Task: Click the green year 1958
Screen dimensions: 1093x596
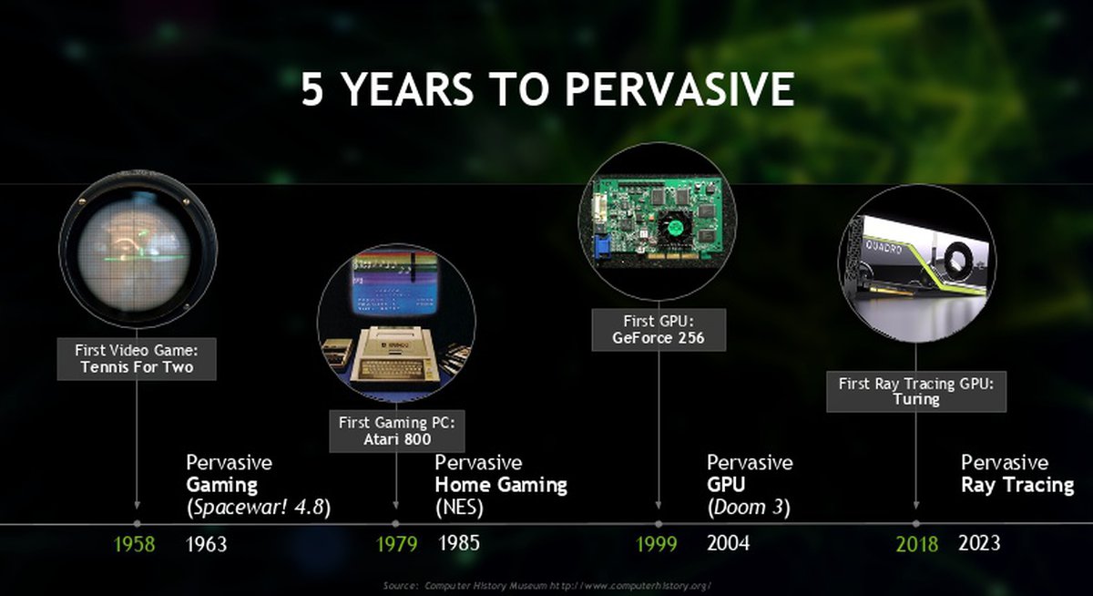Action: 134,544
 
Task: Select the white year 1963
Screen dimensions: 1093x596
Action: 207,544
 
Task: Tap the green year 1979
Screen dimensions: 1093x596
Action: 397,544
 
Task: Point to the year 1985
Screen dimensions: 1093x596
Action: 459,543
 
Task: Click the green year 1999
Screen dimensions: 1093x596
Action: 657,544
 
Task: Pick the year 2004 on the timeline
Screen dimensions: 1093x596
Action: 728,543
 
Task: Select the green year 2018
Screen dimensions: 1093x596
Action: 917,544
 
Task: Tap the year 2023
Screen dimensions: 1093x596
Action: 979,543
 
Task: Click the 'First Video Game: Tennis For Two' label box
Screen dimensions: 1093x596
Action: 137,359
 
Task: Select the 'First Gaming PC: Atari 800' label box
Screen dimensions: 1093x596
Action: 397,431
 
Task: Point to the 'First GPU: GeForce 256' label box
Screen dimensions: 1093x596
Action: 659,330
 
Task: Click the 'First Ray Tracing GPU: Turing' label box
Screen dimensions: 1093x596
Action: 916,392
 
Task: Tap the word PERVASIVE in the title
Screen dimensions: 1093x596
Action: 679,89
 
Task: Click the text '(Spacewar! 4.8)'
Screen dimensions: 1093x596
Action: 259,508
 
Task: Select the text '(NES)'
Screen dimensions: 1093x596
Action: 459,508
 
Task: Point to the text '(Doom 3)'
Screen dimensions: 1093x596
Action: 749,508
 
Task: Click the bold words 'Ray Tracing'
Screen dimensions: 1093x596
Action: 1018,485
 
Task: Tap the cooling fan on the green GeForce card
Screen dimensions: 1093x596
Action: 676,228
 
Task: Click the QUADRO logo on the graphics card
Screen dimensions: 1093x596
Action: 884,247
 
